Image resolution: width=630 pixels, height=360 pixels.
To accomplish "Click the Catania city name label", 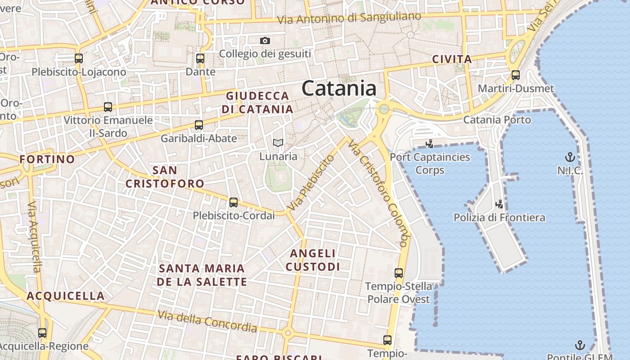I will point(339,88).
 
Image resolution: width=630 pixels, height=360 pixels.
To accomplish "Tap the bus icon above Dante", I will point(200,58).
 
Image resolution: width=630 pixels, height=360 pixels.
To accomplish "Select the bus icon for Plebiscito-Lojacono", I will point(79,58).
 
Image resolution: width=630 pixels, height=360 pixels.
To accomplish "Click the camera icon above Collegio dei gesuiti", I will point(265,41).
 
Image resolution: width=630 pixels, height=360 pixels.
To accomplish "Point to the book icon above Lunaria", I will point(278,144).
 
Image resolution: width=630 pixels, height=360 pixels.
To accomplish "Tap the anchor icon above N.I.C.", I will point(570,157).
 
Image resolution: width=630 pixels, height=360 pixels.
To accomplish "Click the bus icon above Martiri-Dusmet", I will point(516,75).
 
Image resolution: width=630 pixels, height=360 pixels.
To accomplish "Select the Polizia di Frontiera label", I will point(499,218).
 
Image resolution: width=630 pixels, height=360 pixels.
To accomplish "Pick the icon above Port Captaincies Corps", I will point(429,144).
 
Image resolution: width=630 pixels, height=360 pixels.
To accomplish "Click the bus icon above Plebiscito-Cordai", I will point(233,202).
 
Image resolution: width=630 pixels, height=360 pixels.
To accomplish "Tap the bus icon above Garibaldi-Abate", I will point(198,125).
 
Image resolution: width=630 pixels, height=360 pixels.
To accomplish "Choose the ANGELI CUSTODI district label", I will point(313,260).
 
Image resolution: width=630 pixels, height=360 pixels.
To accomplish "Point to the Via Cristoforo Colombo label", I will point(378,193).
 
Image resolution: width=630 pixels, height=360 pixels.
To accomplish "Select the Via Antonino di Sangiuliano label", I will point(349,18).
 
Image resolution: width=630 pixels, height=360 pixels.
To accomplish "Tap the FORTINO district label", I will point(47,159).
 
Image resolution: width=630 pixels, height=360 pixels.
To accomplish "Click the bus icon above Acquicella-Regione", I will point(42,333).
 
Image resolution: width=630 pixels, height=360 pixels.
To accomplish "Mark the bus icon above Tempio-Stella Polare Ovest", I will point(399,273).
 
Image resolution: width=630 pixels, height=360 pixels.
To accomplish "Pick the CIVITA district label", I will point(452,59).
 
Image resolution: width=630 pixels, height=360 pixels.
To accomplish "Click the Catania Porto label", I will point(497,120).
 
